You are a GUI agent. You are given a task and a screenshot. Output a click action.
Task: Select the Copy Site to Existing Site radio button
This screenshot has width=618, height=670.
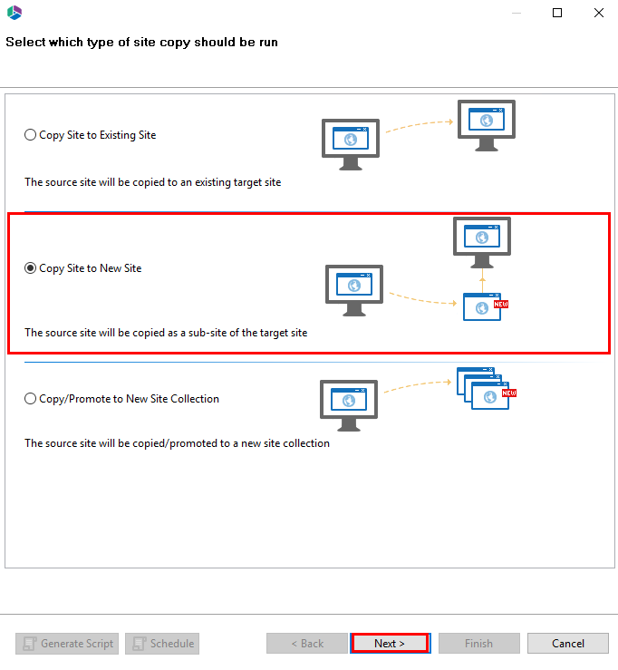tap(31, 135)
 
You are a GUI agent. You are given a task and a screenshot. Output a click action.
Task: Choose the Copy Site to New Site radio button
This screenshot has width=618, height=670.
tap(31, 268)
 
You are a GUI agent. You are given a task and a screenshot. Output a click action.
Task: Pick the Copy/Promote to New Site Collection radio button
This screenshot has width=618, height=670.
tap(31, 399)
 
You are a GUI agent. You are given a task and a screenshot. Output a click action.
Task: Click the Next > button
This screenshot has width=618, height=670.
tap(389, 644)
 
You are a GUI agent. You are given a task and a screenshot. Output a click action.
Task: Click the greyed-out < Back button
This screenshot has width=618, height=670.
tap(306, 644)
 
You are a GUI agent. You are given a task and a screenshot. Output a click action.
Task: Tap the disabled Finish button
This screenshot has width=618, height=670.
tap(478, 644)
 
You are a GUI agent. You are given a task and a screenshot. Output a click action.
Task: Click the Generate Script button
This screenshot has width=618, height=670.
tap(68, 644)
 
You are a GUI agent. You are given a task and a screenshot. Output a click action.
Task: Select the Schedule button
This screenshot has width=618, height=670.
tap(162, 644)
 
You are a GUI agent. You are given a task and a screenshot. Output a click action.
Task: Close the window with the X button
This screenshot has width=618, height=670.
tap(598, 13)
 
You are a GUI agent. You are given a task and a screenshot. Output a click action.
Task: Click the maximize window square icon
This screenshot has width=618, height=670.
tap(557, 13)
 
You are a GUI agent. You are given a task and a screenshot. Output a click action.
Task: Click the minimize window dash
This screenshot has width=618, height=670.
tap(516, 13)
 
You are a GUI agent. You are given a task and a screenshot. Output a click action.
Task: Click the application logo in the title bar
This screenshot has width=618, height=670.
tap(14, 13)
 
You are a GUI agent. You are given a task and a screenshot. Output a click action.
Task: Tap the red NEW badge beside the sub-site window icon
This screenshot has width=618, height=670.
tap(501, 305)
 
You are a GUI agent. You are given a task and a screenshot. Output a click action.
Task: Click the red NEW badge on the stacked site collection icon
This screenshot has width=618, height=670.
tap(508, 393)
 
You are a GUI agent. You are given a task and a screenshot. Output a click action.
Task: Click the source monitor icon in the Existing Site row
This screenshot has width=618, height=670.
tap(350, 141)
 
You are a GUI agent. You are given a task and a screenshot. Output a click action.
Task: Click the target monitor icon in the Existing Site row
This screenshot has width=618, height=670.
tap(486, 122)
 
